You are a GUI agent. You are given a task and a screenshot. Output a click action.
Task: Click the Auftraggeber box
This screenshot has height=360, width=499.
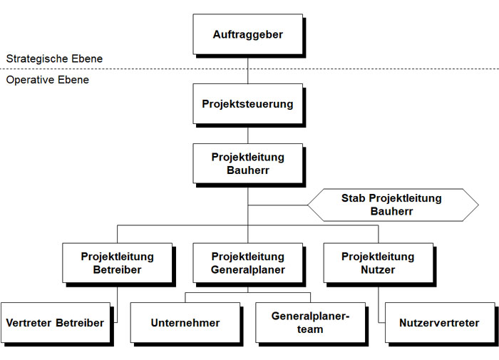[x=247, y=34]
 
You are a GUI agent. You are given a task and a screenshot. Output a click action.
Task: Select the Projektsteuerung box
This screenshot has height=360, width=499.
[x=247, y=104]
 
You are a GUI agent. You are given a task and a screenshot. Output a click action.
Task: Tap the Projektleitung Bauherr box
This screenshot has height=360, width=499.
[x=247, y=164]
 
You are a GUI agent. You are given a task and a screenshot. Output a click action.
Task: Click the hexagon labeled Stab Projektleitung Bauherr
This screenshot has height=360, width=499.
[x=392, y=205]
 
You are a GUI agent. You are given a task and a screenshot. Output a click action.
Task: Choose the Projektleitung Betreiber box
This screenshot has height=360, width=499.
[x=117, y=263]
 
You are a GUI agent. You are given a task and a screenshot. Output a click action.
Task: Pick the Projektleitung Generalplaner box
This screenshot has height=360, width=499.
[x=247, y=263]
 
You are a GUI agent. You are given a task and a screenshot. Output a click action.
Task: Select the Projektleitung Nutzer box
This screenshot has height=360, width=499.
[x=378, y=263]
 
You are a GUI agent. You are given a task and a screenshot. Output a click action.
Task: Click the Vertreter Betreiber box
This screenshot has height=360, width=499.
[x=55, y=323]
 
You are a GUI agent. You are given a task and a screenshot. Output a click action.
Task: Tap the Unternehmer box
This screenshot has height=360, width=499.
[x=185, y=323]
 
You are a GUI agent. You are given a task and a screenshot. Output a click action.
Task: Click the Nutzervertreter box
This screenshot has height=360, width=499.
[x=441, y=323]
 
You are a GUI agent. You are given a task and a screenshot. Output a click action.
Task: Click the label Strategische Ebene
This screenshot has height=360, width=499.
[x=54, y=58]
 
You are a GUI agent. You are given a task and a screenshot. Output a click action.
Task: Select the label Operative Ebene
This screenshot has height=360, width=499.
[x=48, y=80]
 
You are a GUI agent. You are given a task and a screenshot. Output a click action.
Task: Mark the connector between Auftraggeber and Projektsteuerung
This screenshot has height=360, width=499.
[x=247, y=69]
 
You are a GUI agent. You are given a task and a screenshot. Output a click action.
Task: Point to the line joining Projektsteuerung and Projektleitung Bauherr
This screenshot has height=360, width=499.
[x=247, y=135]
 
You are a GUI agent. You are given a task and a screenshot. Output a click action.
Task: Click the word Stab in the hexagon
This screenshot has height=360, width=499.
[x=354, y=198]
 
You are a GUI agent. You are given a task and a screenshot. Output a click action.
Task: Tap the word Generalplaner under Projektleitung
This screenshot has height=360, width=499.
[x=247, y=269]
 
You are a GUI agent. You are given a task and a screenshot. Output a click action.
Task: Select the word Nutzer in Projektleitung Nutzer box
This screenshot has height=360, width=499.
[x=378, y=269]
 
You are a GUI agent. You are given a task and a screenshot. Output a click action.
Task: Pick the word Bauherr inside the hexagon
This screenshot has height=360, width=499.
[x=392, y=211]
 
